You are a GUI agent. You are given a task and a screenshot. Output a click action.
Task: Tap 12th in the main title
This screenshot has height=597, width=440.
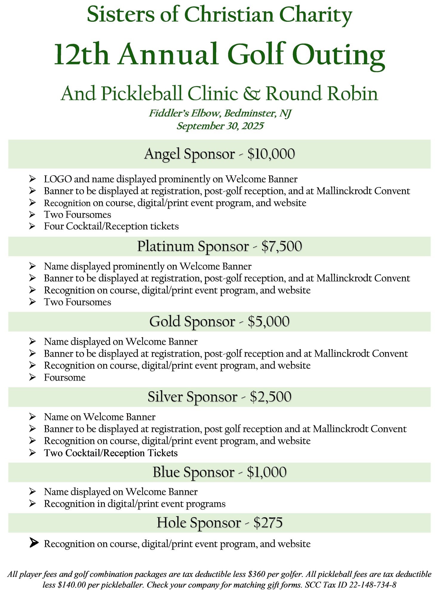click(x=81, y=54)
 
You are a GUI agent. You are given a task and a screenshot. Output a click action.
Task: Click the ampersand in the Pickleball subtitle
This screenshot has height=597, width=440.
click(x=251, y=93)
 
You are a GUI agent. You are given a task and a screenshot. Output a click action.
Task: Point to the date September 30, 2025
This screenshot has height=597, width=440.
click(x=220, y=126)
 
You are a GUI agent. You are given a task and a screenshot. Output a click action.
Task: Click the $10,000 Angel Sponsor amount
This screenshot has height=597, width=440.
click(x=271, y=154)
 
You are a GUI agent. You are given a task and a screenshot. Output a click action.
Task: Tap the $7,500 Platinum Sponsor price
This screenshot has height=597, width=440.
click(x=281, y=246)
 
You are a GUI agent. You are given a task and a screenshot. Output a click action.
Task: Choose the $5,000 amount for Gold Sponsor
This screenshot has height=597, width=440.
click(x=268, y=321)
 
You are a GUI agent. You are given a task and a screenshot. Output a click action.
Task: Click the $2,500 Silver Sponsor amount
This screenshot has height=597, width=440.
click(x=270, y=397)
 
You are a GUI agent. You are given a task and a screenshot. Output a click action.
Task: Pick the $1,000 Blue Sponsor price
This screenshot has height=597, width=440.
click(x=267, y=472)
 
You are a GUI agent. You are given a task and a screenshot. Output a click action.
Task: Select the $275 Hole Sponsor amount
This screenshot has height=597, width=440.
click(x=268, y=523)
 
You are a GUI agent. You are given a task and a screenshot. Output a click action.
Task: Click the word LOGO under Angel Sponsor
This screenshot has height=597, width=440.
click(x=58, y=179)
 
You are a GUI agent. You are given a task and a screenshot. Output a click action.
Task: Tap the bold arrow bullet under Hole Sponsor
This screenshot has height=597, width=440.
click(x=34, y=543)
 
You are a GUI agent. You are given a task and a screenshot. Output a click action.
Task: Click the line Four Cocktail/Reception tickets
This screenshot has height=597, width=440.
click(x=111, y=226)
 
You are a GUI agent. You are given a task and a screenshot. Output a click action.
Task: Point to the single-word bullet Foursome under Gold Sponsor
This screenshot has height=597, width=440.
click(x=65, y=377)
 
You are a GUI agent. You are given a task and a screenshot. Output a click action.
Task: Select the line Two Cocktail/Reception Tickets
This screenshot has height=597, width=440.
click(x=111, y=453)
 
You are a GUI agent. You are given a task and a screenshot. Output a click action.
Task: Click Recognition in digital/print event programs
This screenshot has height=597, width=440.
click(x=135, y=504)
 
